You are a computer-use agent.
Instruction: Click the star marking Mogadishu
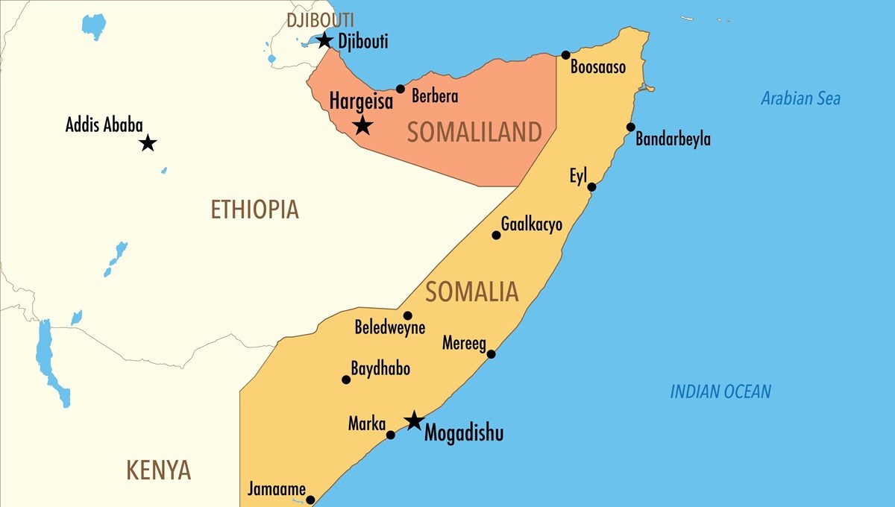413,421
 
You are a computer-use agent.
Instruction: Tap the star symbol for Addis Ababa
148,142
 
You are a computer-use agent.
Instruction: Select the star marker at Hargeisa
362,125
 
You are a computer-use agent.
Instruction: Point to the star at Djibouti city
324,40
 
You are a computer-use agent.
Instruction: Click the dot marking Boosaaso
566,54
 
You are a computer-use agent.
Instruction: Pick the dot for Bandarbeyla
631,127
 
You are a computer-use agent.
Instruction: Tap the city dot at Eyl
591,186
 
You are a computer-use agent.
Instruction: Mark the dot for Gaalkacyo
496,235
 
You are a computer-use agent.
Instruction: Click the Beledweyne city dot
407,315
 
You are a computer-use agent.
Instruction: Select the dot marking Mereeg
491,353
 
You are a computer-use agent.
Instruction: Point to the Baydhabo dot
346,380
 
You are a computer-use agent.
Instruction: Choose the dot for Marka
390,434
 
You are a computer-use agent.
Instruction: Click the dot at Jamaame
310,500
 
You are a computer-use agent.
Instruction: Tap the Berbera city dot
401,89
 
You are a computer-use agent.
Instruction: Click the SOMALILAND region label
474,133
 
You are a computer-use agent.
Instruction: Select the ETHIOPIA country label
254,210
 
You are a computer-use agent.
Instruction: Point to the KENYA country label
158,470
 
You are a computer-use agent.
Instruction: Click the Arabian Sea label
800,98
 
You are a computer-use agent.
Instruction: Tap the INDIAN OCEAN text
720,391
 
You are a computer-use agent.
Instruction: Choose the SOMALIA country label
471,292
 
